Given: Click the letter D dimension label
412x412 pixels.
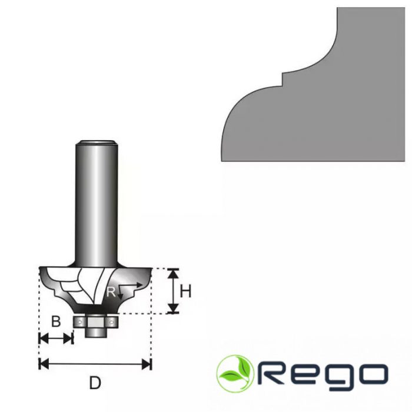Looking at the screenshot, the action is tap(95, 383).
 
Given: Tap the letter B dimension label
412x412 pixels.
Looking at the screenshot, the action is tap(56, 321).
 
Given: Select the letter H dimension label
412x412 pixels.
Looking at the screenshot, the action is tap(185, 291).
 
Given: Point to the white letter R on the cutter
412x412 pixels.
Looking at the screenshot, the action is tap(111, 292).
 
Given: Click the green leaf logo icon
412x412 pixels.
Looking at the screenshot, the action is tap(235, 374).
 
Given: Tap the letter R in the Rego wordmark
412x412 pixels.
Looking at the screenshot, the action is tap(273, 374).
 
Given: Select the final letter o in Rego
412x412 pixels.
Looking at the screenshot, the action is tap(373, 374).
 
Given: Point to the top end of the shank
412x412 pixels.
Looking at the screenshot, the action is tap(97, 142).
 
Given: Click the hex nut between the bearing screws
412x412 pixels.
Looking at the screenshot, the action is tap(95, 321).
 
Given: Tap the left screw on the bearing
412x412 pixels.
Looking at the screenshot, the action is tap(79, 321).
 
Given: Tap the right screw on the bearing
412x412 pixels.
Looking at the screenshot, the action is tap(112, 321).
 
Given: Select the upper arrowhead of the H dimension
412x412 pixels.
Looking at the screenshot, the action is tap(173, 274).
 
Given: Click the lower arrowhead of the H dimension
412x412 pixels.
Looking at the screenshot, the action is tap(173, 308).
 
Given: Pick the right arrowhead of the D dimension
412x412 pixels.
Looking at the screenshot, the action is tap(147, 364).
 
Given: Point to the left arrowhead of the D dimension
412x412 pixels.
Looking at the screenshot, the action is tap(44, 364).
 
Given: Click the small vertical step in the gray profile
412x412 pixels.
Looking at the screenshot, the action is tap(283, 79).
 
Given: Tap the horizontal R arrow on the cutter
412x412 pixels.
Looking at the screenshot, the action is tap(130, 285).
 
